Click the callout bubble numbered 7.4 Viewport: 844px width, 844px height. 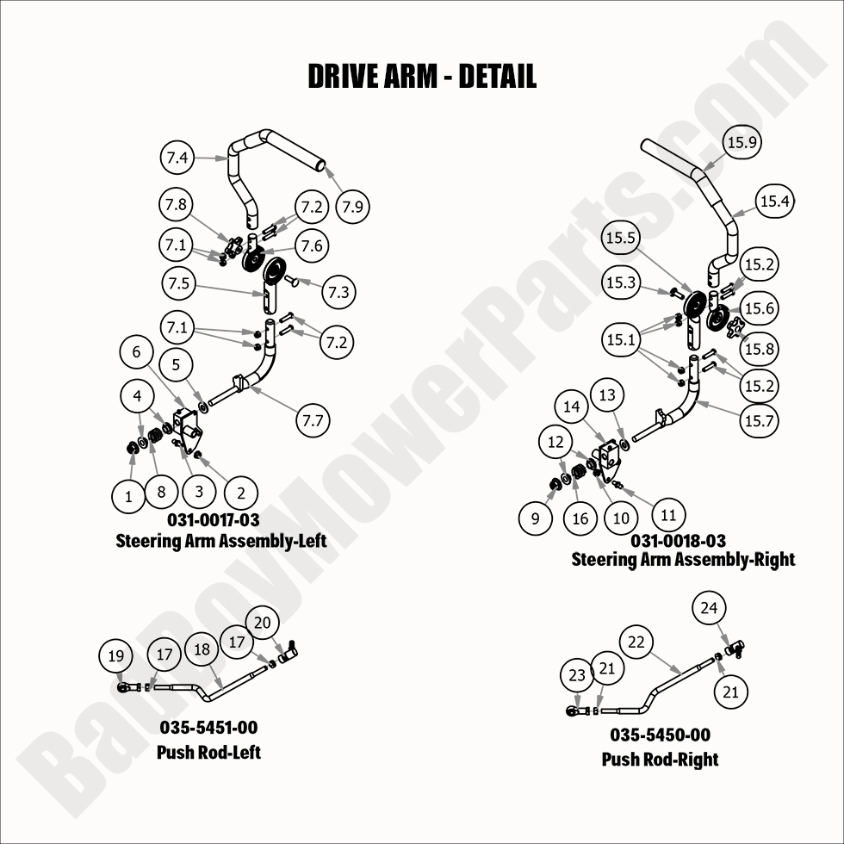177,158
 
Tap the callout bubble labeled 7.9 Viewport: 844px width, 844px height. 351,207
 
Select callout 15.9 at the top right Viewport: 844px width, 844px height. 742,142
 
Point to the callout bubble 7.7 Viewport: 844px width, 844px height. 313,420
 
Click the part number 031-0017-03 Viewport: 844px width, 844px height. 214,519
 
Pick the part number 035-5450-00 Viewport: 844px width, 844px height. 660,735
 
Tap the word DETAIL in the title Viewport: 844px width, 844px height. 497,76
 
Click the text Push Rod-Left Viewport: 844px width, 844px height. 208,752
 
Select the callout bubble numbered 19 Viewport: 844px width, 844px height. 116,655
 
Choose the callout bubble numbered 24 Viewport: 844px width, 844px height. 709,608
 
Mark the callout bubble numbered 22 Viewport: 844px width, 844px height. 636,642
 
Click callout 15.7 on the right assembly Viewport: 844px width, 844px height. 758,419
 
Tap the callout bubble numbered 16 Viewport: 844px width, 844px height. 580,518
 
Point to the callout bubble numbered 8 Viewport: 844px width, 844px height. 161,493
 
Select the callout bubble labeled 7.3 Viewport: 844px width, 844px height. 338,293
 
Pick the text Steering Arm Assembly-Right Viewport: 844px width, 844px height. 683,559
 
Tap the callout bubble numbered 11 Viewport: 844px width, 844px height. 668,515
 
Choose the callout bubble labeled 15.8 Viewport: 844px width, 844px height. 758,349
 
